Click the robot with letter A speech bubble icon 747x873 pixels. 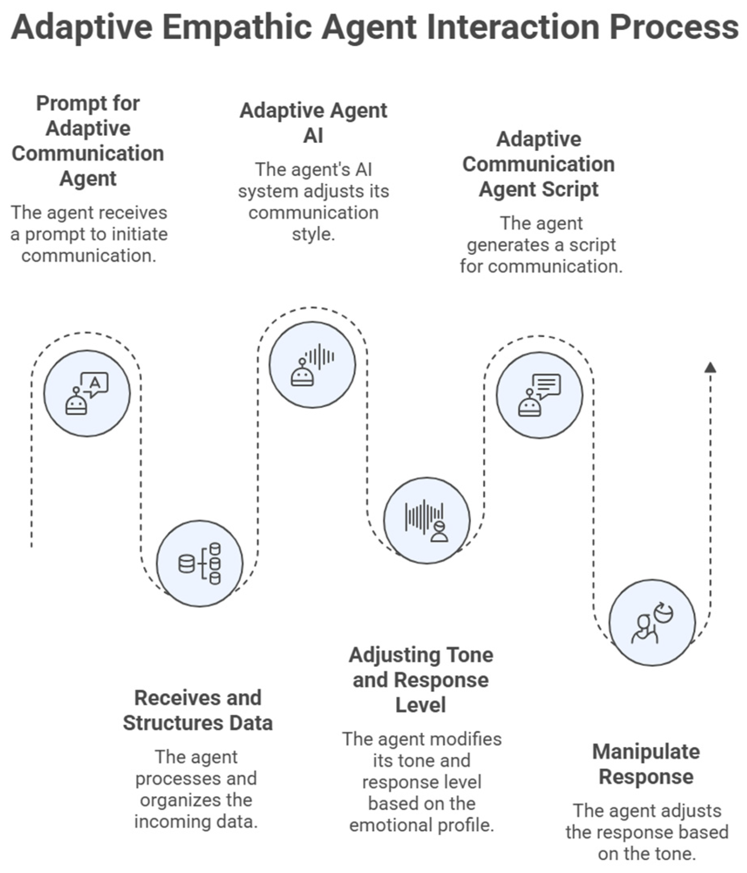point(87,394)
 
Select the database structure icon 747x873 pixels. point(200,563)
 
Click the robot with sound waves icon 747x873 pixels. point(312,365)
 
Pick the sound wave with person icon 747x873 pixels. point(427,521)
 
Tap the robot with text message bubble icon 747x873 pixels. point(539,395)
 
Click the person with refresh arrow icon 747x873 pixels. point(652,622)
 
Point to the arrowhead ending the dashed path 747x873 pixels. point(710,367)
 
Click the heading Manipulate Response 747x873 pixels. point(646,764)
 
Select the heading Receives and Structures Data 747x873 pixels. point(198,710)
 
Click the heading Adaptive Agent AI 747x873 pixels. point(313,123)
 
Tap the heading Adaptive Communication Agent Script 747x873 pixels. point(539,164)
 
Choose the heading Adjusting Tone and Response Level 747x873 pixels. point(421,680)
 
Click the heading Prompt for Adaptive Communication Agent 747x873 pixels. point(88,141)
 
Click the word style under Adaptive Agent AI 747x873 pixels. point(313,234)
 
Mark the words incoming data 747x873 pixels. point(196,822)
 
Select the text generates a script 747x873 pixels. point(541,245)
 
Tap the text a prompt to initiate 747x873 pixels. point(89,234)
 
